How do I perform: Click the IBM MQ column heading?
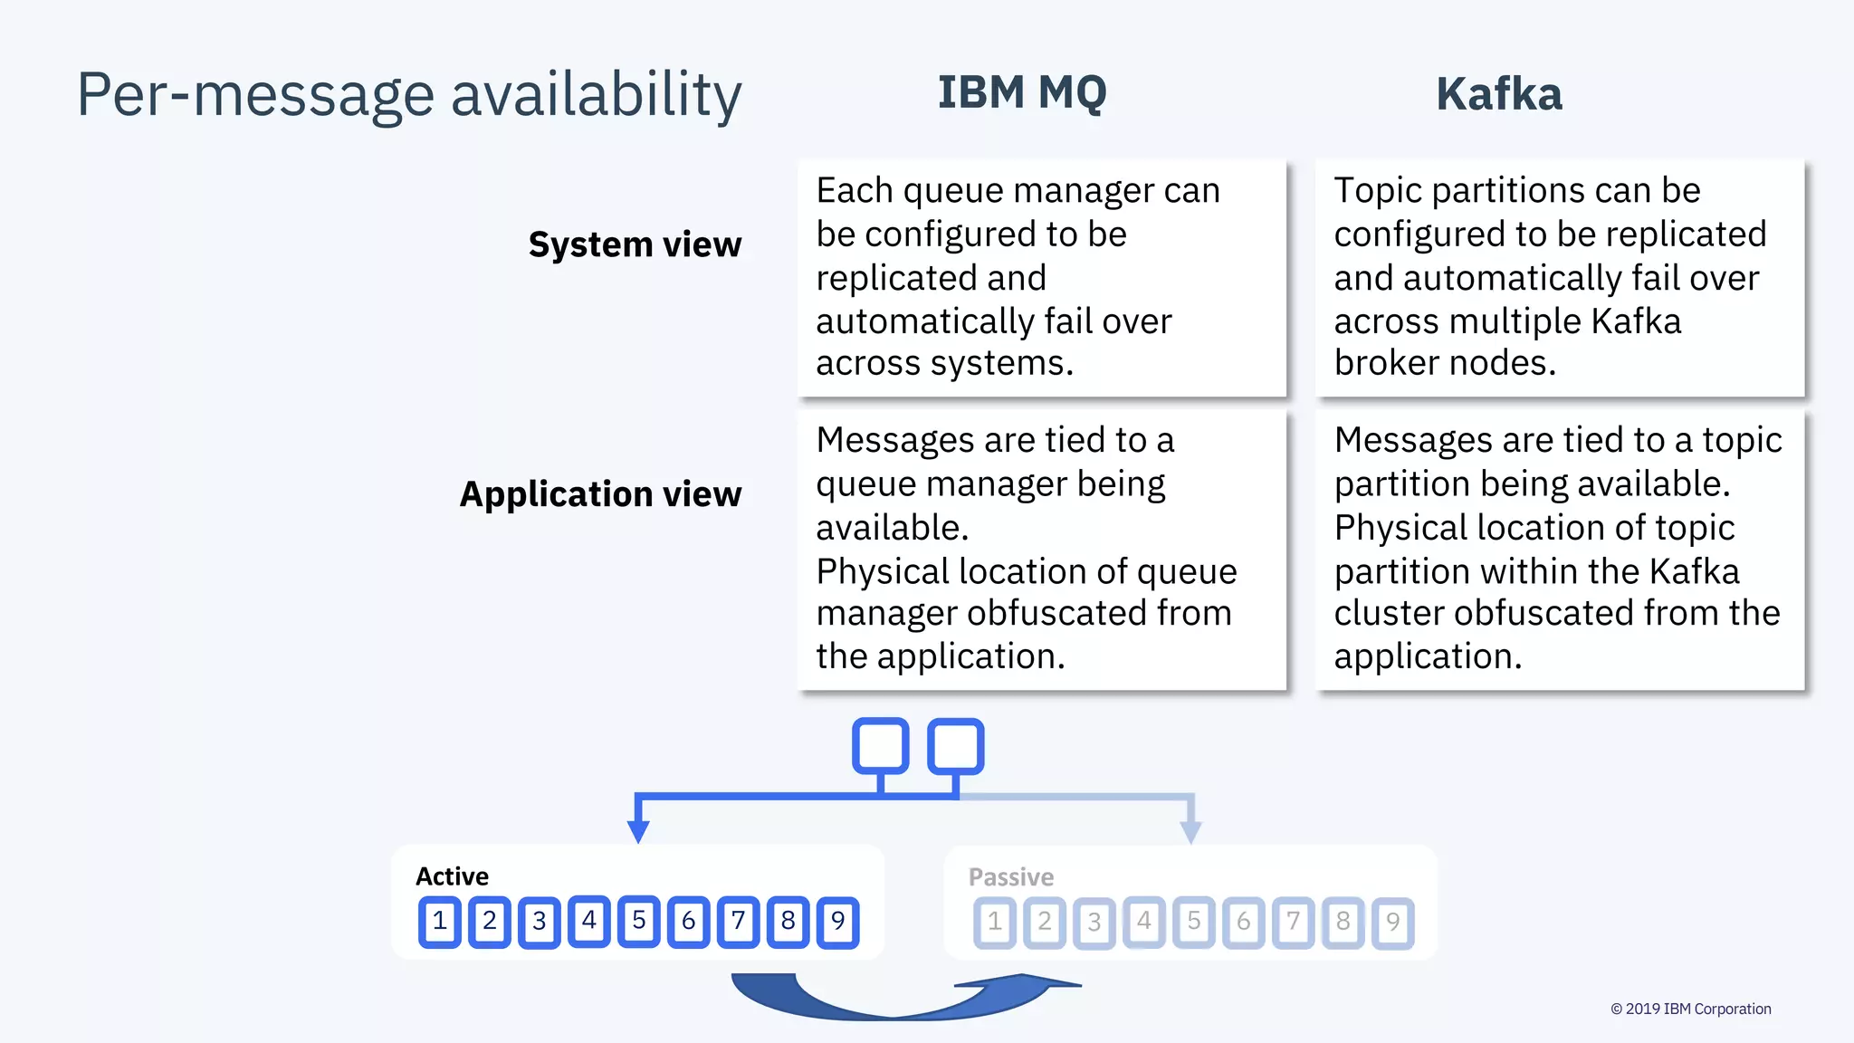(1021, 93)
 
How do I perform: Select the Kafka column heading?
(1498, 94)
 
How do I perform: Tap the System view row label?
(635, 244)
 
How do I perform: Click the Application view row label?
(600, 494)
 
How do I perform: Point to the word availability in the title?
(596, 95)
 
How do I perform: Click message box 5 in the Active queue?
(639, 921)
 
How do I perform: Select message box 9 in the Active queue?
(838, 922)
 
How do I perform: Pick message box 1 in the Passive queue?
(995, 922)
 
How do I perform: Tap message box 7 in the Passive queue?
(1294, 922)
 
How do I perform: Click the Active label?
(452, 876)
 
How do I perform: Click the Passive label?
(1010, 877)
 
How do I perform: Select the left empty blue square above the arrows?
(880, 746)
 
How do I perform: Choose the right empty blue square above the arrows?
(956, 746)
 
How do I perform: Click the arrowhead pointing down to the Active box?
(638, 830)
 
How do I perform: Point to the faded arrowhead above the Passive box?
(1191, 830)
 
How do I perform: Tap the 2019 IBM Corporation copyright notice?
(1690, 1009)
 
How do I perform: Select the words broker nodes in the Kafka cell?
(1445, 363)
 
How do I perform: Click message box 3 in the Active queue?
(540, 922)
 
